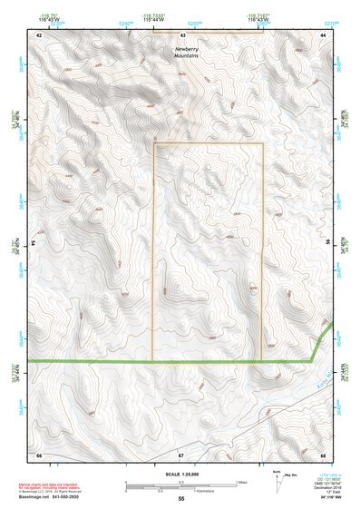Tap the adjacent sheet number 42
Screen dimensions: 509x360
tap(39, 34)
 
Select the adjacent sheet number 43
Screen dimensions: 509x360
tap(182, 34)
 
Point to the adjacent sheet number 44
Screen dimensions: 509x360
tap(325, 34)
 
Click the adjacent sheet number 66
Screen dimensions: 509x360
tap(39, 452)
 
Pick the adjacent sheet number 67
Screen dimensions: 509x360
tap(181, 452)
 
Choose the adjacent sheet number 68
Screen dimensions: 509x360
tap(324, 452)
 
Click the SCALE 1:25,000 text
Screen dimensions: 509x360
tap(180, 474)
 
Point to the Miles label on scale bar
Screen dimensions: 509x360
tap(241, 481)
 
